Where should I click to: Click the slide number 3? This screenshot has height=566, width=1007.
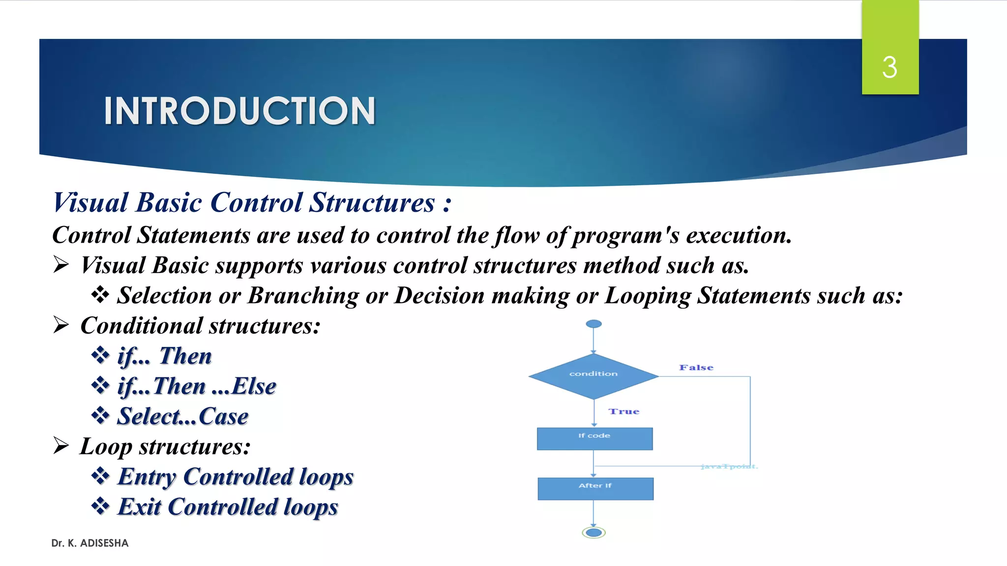click(x=889, y=67)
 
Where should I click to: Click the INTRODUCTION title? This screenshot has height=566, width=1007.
click(x=239, y=111)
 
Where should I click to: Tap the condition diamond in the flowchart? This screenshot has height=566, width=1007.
click(x=593, y=375)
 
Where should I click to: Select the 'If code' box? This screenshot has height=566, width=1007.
click(x=594, y=438)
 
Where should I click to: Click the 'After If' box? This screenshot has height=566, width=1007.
click(x=595, y=488)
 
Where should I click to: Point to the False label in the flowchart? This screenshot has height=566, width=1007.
click(x=696, y=368)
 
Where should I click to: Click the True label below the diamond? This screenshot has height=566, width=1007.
click(x=623, y=412)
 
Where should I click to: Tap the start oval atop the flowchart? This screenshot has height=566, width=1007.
click(x=593, y=324)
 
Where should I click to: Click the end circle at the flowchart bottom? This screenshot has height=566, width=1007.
click(x=593, y=533)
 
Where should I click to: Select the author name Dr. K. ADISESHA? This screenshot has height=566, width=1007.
click(x=90, y=543)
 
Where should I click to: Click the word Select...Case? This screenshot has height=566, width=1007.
click(x=182, y=417)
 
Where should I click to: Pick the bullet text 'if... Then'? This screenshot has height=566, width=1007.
click(x=164, y=356)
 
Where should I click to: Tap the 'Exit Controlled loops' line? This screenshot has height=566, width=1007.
click(x=228, y=507)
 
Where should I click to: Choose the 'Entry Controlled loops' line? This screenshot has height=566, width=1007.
click(x=236, y=477)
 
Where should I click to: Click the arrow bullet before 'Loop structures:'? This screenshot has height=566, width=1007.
click(x=61, y=446)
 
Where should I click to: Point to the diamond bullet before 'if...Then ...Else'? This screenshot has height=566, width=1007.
click(x=100, y=385)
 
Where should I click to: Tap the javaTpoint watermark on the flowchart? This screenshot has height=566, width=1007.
click(x=729, y=466)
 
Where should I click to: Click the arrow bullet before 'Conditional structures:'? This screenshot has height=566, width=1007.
click(x=61, y=325)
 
